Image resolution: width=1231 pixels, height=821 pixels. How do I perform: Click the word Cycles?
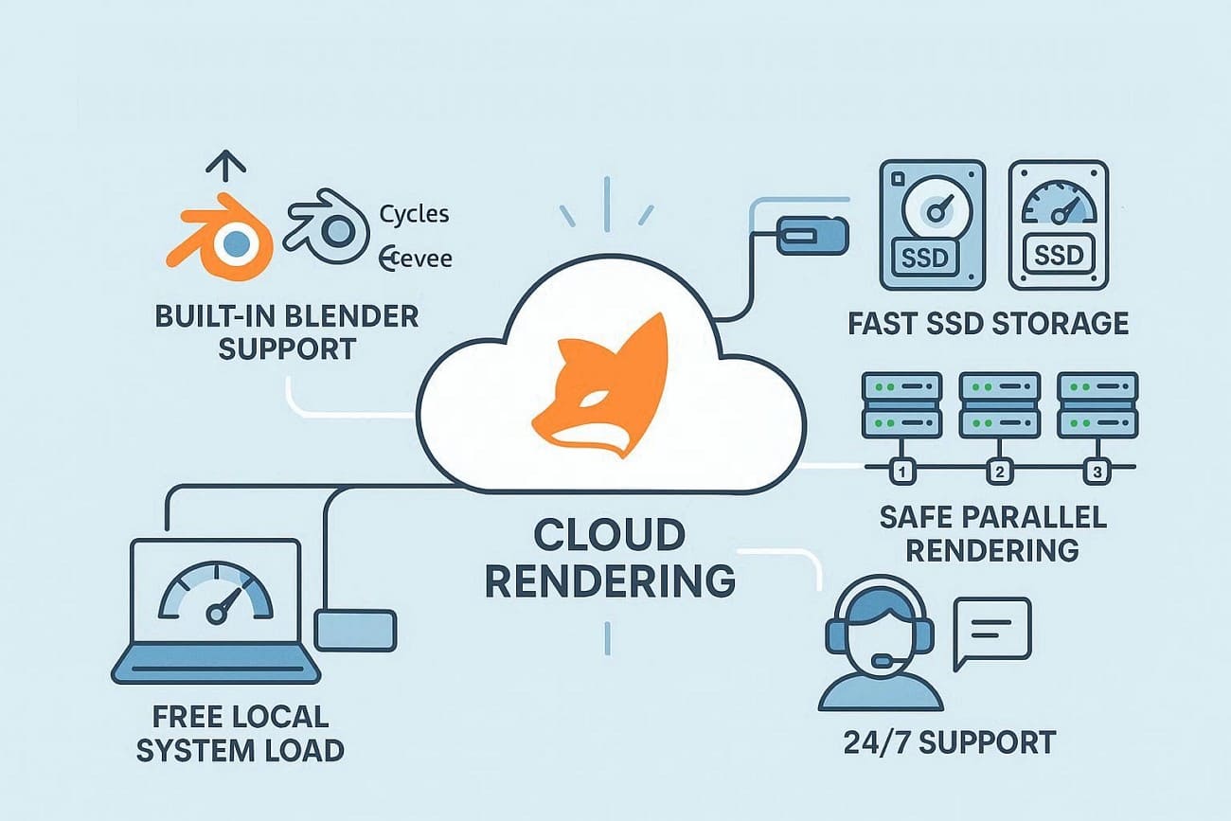[414, 214]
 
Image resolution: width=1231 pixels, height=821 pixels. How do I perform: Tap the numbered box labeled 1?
[901, 469]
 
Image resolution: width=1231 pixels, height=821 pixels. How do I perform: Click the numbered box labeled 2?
[995, 469]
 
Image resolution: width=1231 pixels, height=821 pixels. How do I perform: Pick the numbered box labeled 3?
[1097, 469]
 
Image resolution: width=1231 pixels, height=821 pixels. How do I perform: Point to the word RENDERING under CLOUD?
[610, 580]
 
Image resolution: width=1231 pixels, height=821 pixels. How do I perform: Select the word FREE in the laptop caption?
[181, 715]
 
